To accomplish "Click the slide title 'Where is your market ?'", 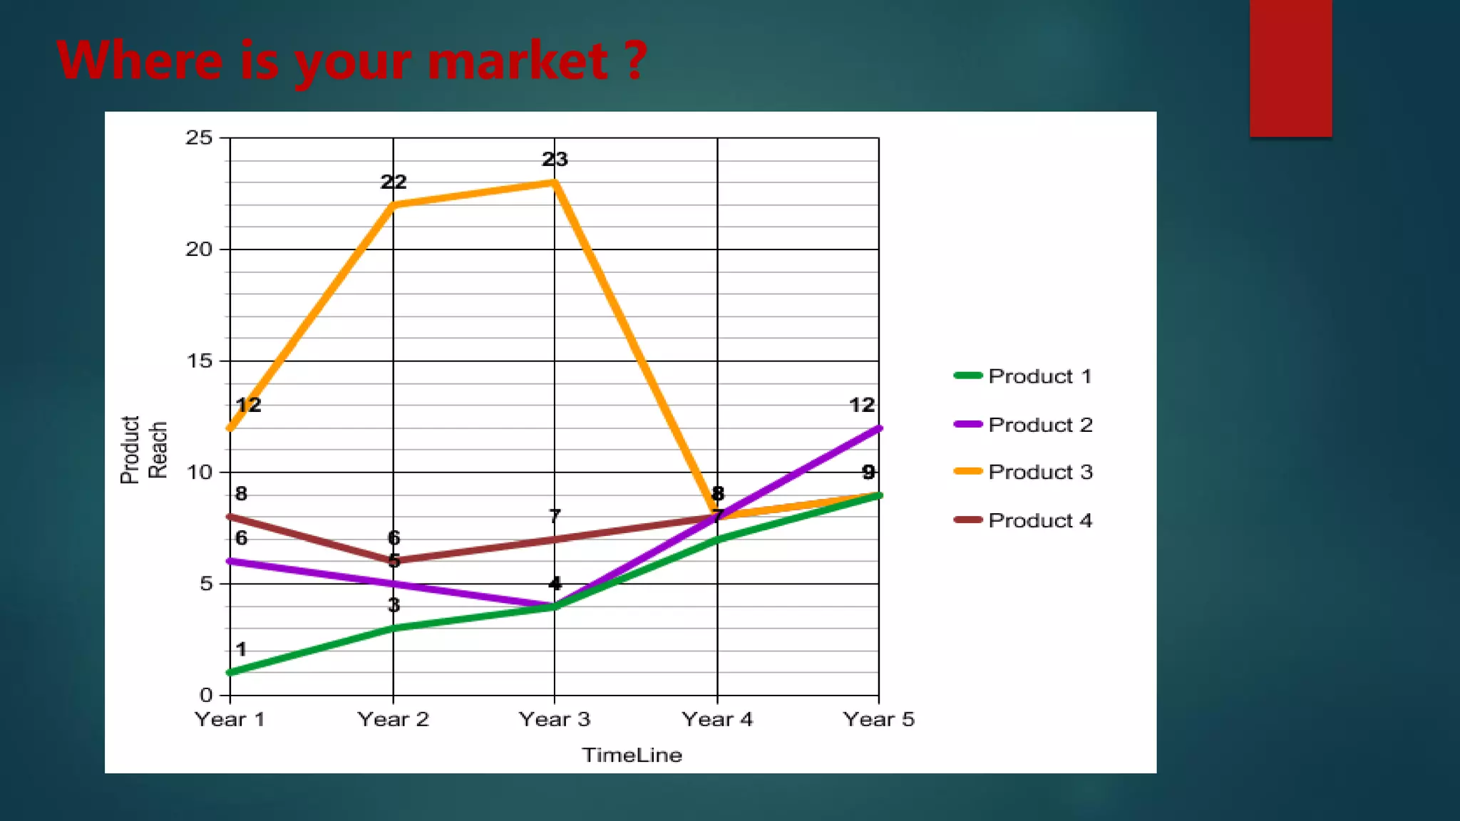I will click(352, 60).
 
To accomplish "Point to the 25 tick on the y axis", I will click(199, 138).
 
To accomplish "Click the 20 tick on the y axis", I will click(199, 249).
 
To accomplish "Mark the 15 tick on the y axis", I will click(199, 361).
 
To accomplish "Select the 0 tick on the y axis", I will click(205, 695).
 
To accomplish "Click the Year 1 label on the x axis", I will click(230, 719).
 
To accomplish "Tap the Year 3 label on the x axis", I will click(555, 719).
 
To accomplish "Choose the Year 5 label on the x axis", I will click(878, 719).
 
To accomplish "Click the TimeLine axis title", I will click(632, 755).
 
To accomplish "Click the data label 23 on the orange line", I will click(555, 159).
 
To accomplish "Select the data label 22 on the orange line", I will click(394, 182).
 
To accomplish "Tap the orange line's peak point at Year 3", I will click(555, 182).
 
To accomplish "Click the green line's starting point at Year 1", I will click(230, 673).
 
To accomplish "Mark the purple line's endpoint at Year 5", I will click(879, 428).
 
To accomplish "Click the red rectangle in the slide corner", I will click(1290, 68).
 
